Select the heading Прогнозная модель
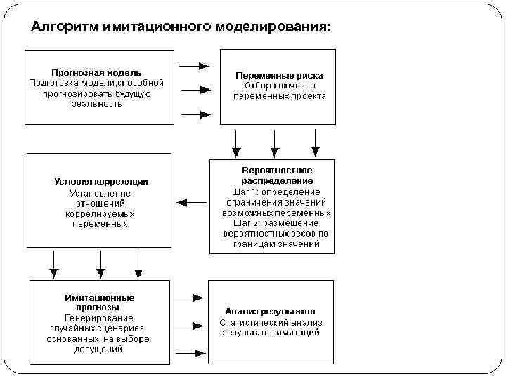[x=96, y=72]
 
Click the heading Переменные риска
[x=279, y=76]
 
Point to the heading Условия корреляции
[x=101, y=182]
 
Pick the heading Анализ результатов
[x=270, y=311]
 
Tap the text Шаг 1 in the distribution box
[x=242, y=192]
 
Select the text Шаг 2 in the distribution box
[x=242, y=223]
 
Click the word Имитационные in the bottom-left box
[x=100, y=298]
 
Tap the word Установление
[x=100, y=193]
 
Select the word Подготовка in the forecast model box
[x=50, y=83]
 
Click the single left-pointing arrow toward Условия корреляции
[x=192, y=203]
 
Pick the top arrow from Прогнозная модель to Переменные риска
[x=195, y=67]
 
